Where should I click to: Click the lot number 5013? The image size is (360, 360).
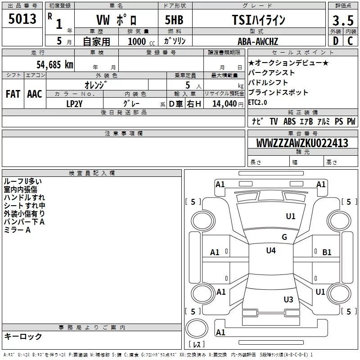point(22,20)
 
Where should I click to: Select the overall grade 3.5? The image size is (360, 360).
point(343,21)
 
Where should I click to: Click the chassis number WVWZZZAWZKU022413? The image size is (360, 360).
point(302,143)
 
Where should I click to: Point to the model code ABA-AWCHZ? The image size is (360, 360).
point(258,41)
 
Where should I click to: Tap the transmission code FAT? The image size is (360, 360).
point(13,94)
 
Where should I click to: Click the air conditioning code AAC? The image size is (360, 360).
point(35,94)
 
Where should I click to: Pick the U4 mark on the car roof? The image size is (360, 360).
point(270,251)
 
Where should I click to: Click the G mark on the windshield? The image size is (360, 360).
point(284,237)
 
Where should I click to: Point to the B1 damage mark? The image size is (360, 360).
point(327,252)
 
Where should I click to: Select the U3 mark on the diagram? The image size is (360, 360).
point(288,299)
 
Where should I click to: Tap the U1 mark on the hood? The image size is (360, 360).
point(291,216)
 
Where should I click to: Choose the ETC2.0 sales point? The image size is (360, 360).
point(257,102)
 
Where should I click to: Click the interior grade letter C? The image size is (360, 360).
point(350,41)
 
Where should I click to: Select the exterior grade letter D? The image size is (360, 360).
point(335,41)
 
